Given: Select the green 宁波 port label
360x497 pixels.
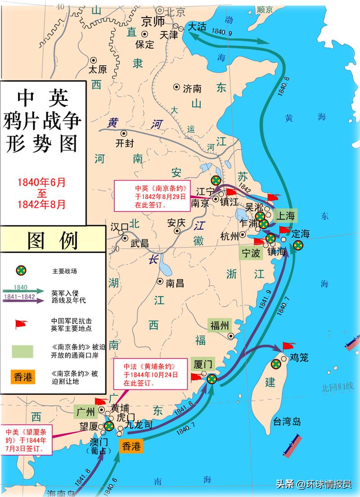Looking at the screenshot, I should pyautogui.click(x=251, y=253).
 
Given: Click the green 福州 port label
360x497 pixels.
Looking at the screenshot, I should pyautogui.click(x=220, y=325).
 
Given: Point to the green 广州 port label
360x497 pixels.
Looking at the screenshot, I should pyautogui.click(x=85, y=411).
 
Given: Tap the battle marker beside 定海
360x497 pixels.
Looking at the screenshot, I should pyautogui.click(x=297, y=245).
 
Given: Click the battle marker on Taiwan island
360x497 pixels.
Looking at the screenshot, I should pyautogui.click(x=276, y=364).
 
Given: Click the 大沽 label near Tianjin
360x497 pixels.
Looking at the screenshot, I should pyautogui.click(x=197, y=27).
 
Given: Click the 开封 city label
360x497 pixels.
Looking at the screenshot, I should pyautogui.click(x=125, y=144).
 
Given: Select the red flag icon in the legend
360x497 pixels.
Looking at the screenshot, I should pyautogui.click(x=21, y=324).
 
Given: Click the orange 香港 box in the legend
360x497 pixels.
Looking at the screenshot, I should pyautogui.click(x=23, y=377).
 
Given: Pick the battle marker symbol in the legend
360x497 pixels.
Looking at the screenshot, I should pyautogui.click(x=21, y=270).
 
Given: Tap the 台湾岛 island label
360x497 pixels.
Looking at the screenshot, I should pyautogui.click(x=287, y=422).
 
